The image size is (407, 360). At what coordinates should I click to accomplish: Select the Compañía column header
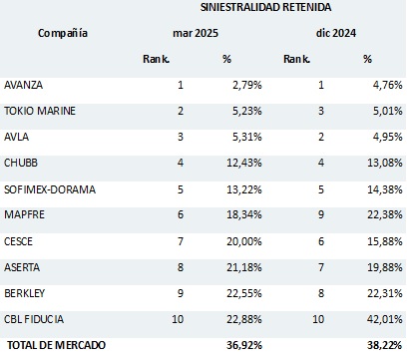pyautogui.click(x=63, y=33)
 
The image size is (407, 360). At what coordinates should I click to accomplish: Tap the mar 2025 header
pyautogui.click(x=196, y=33)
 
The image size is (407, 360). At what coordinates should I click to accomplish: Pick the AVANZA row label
pyautogui.click(x=25, y=86)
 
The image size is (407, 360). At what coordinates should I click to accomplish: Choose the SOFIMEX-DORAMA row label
pyautogui.click(x=47, y=186)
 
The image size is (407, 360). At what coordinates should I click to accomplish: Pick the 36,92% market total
pyautogui.click(x=241, y=345)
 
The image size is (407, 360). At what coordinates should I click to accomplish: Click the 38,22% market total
pyautogui.click(x=376, y=345)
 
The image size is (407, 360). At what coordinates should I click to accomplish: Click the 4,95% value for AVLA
pyautogui.click(x=380, y=136)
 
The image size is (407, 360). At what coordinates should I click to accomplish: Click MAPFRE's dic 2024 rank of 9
pyautogui.click(x=322, y=213)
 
